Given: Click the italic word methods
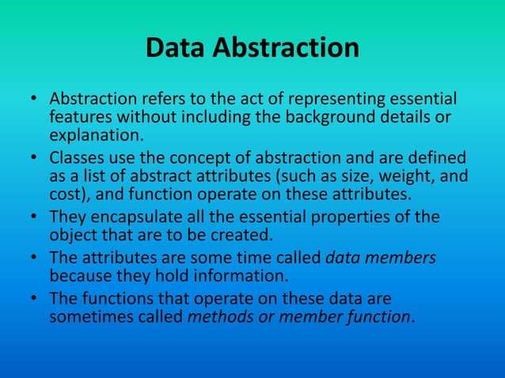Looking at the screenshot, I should [x=218, y=316].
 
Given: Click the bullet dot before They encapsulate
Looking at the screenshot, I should [x=34, y=217].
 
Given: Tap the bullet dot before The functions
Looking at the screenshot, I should [x=34, y=299].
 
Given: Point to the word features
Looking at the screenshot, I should [x=78, y=118].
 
